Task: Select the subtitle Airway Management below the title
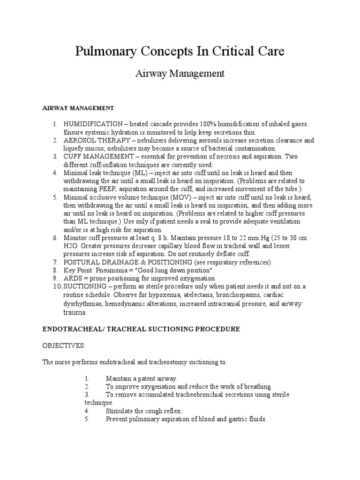(180, 74)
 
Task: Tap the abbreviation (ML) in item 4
(140, 173)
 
